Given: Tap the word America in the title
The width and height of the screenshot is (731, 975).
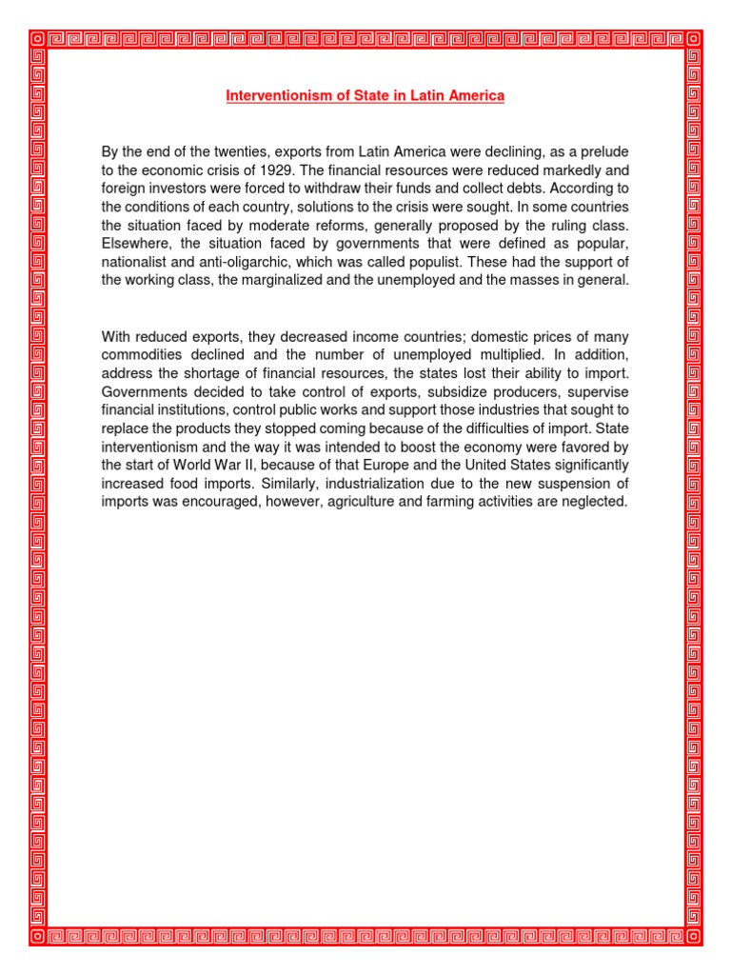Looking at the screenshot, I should pos(474,96).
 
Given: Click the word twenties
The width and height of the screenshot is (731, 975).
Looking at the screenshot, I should pos(214,152).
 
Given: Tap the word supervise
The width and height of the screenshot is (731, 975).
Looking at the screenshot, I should pos(596,392).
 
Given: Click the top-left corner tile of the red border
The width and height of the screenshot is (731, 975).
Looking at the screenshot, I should pos(37,39).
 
